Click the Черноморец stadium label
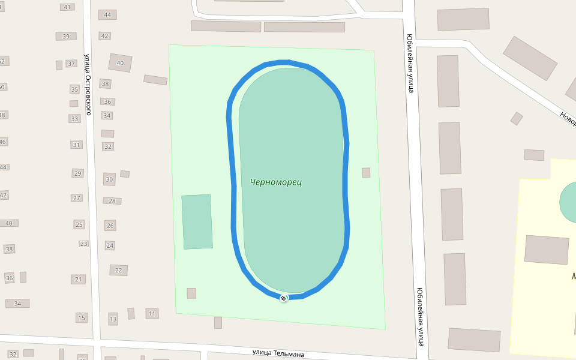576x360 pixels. [x=276, y=182]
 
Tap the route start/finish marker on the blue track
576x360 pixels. [x=284, y=298]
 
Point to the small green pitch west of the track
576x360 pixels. [x=197, y=221]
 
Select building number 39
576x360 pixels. [x=66, y=37]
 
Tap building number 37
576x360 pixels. [x=71, y=64]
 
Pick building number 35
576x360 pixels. [x=74, y=89]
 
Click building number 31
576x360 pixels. [x=76, y=145]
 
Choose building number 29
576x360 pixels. [x=77, y=173]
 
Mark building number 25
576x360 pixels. [x=79, y=224]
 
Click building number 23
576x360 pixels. [x=83, y=244]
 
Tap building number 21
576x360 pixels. [x=79, y=279]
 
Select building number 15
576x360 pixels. [x=82, y=317]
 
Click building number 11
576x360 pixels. [x=152, y=313]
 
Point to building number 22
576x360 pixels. [x=118, y=271]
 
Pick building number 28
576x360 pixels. [x=112, y=201]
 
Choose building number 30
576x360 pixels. [x=109, y=179]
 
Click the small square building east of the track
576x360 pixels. [x=366, y=173]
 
